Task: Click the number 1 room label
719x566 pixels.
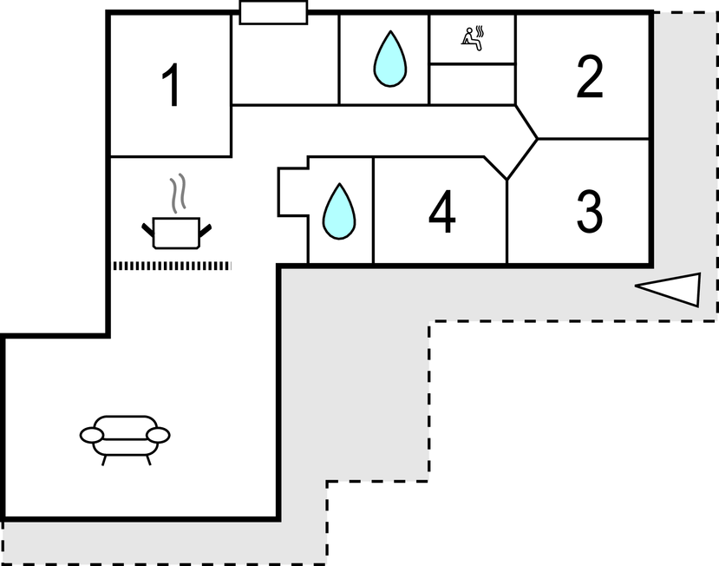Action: (173, 86)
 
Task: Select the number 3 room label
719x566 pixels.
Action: (590, 211)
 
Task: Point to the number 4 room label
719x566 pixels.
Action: (441, 213)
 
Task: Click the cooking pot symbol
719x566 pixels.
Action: (176, 232)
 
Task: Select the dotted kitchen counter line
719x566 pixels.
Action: (172, 265)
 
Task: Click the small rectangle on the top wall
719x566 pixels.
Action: (273, 12)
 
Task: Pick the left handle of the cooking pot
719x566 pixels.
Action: (148, 229)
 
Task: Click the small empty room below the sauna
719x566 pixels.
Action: (473, 83)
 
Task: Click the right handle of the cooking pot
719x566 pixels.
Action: (205, 229)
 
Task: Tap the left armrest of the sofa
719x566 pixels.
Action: (89, 434)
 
